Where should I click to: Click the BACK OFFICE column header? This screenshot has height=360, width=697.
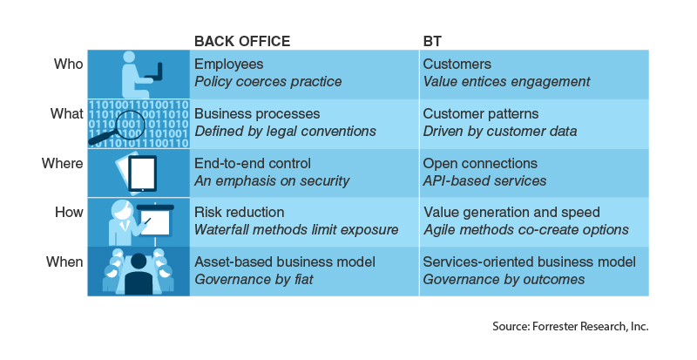tap(242, 41)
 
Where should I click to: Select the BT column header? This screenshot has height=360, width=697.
tap(432, 41)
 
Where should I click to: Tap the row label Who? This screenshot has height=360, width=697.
tap(69, 65)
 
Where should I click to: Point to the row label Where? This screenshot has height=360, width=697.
tap(62, 163)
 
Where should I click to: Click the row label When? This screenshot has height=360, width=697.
tap(64, 262)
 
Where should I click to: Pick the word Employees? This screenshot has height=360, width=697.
tap(229, 65)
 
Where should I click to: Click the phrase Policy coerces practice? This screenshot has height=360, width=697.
tap(268, 82)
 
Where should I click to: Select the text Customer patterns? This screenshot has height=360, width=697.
tap(481, 114)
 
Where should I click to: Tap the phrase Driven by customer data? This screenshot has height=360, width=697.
tap(500, 132)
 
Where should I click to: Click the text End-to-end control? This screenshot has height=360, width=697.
tap(253, 163)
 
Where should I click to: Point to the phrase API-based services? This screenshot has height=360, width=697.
tap(484, 180)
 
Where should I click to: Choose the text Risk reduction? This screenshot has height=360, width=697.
tap(239, 213)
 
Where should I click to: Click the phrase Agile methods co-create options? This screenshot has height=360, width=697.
tap(526, 229)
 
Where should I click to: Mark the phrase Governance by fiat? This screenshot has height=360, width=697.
tap(254, 280)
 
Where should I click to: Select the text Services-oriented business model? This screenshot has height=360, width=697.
tap(530, 262)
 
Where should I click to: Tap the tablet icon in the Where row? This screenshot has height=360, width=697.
tap(142, 173)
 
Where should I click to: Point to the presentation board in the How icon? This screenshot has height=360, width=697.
tap(155, 221)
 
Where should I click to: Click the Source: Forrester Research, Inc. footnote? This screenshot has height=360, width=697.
tap(571, 327)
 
